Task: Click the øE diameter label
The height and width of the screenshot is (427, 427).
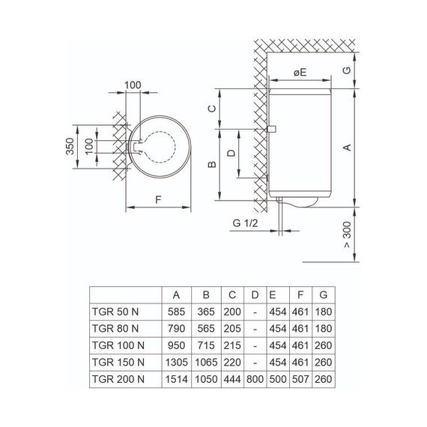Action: point(300,73)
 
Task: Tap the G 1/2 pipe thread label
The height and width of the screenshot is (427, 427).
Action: point(245,223)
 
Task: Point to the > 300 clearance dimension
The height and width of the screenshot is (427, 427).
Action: point(347,234)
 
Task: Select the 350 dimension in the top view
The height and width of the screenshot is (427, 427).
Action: point(70,146)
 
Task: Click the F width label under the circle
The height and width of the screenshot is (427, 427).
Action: point(158,199)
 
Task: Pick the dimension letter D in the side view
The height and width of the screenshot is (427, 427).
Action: point(231,153)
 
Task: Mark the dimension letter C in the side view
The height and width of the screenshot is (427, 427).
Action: point(212,109)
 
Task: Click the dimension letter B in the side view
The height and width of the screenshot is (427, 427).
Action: point(212,165)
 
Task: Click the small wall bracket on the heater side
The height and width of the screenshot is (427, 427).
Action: point(272,129)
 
